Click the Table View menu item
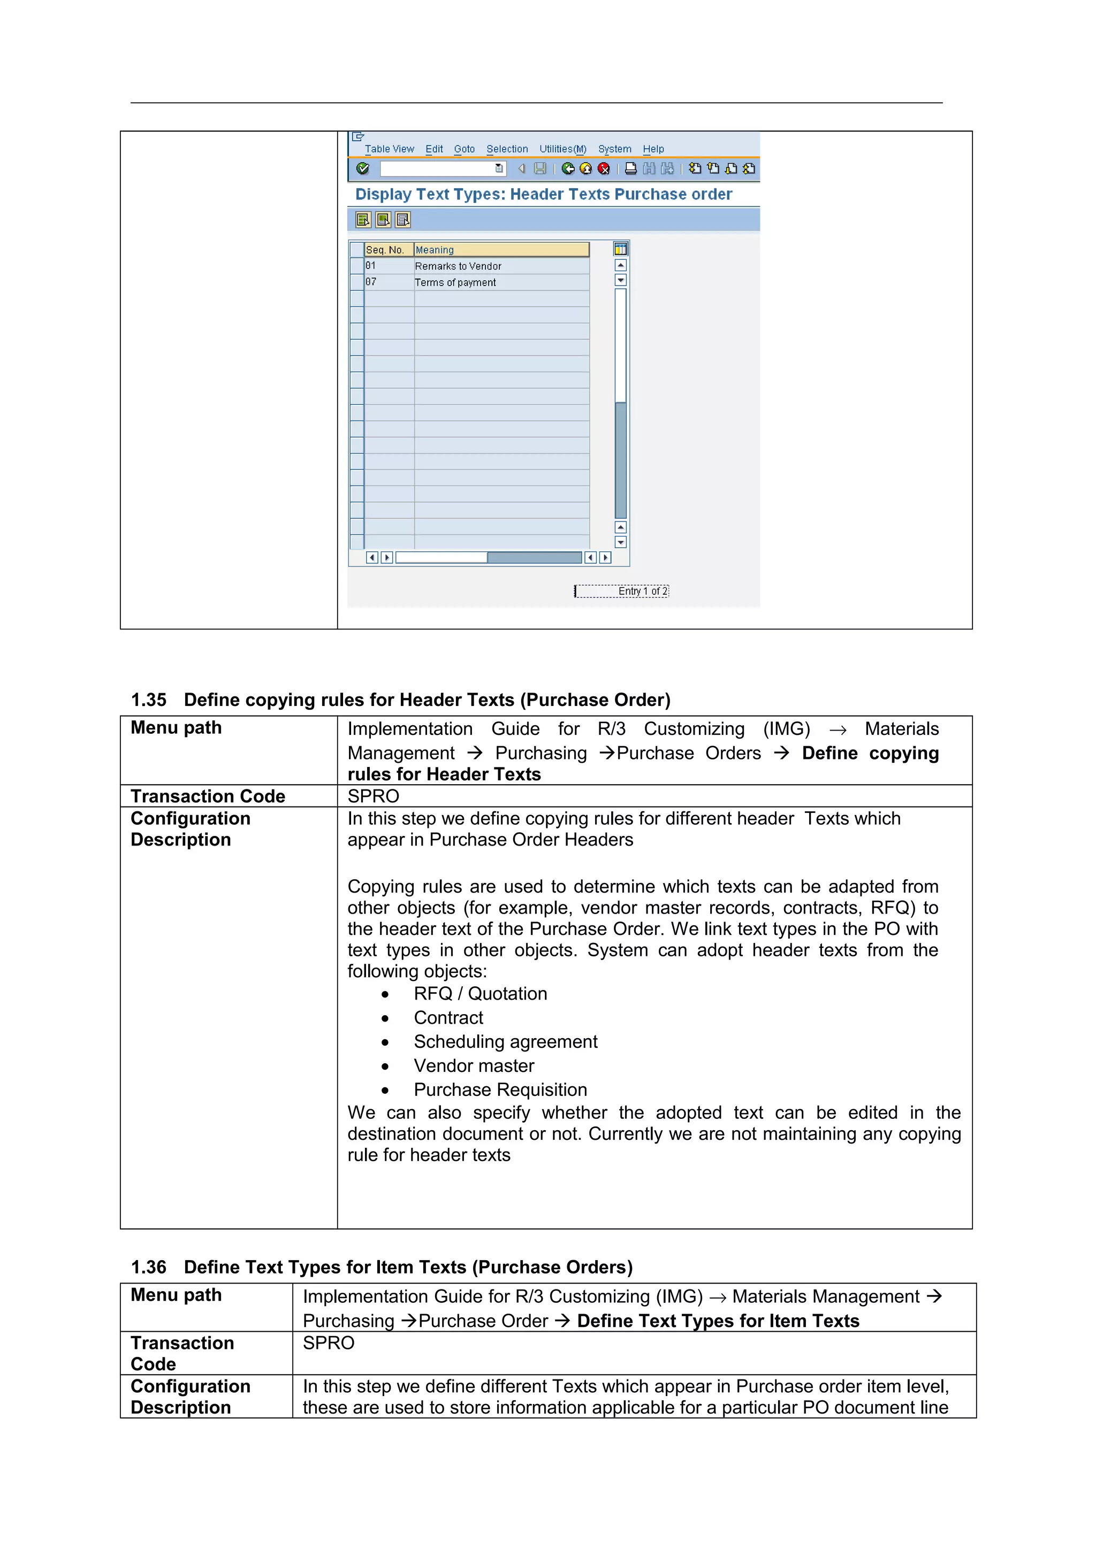[389, 149]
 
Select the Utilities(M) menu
[562, 149]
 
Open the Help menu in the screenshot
[652, 149]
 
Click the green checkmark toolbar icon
[363, 169]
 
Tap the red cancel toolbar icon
[604, 169]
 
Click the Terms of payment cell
[455, 283]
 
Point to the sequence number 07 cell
[371, 282]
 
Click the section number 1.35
[149, 700]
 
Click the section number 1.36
[149, 1267]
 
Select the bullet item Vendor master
[474, 1066]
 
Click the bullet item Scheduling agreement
[505, 1042]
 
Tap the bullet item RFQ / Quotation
[480, 994]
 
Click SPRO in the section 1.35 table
[374, 796]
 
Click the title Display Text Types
[543, 195]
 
